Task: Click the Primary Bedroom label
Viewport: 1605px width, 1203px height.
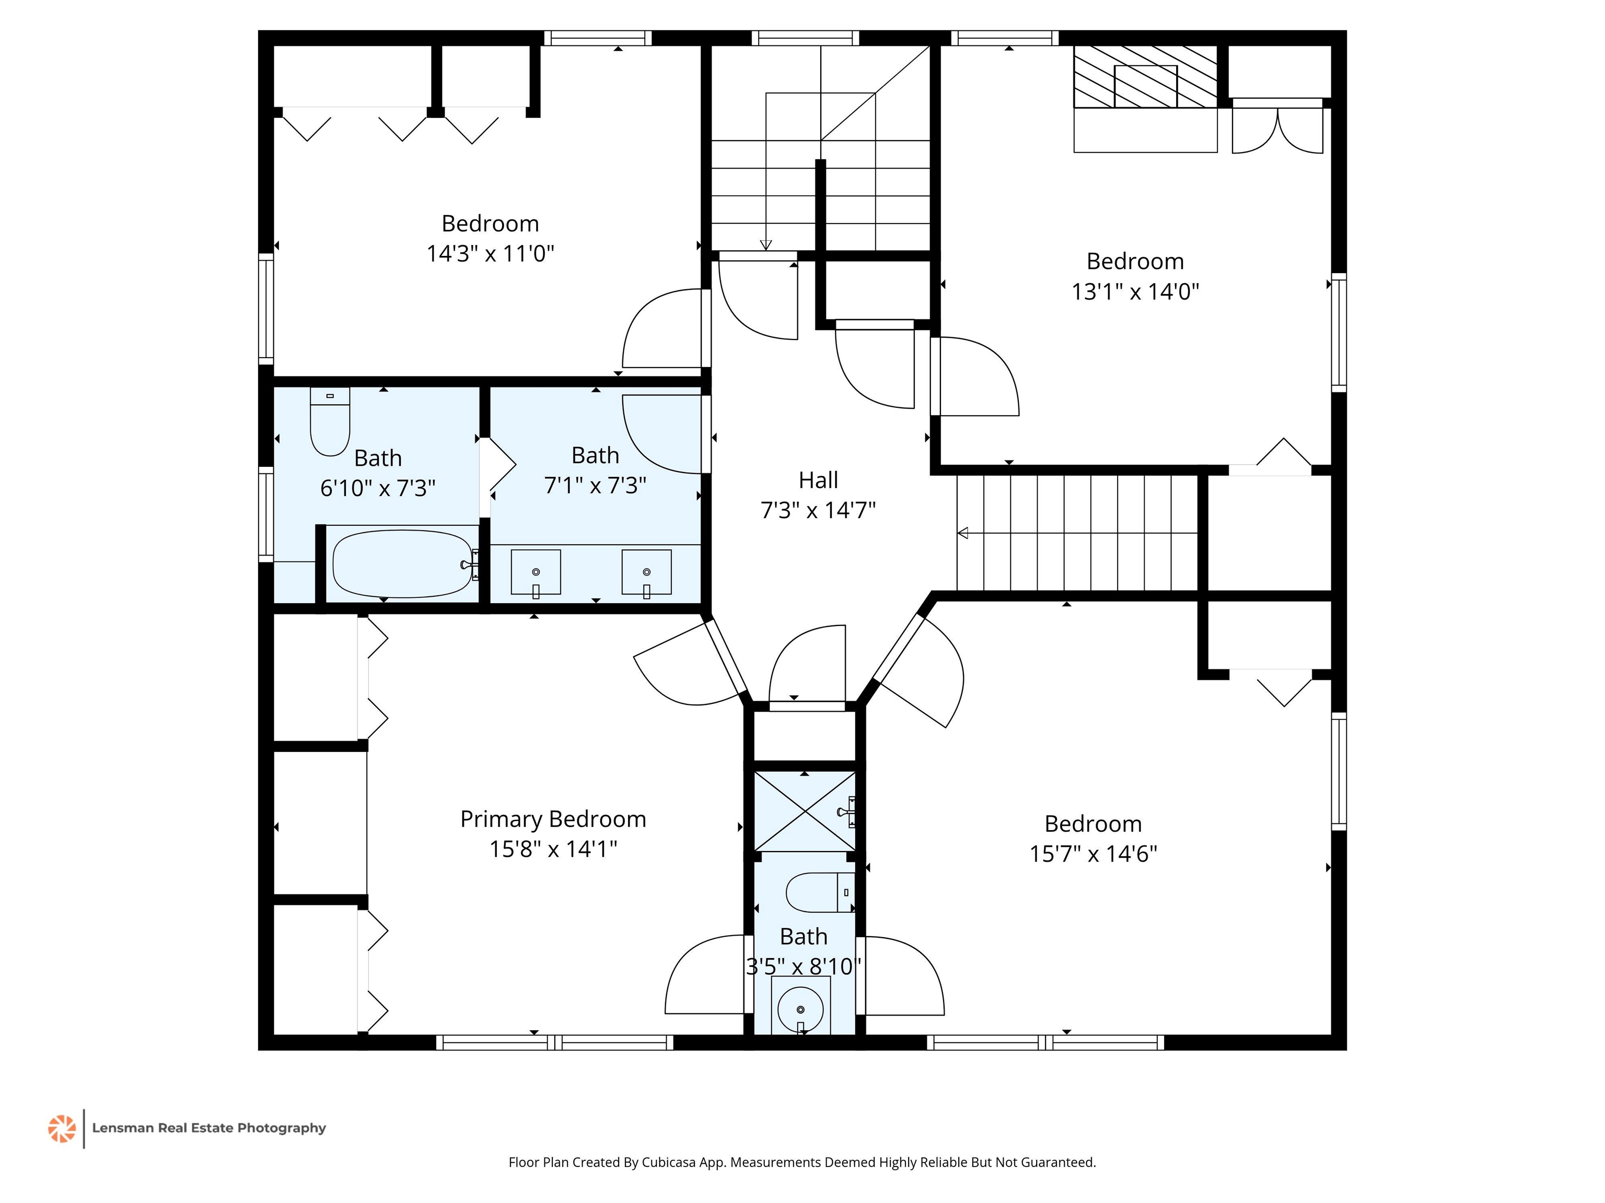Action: click(x=553, y=819)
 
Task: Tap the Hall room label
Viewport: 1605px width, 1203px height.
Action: click(x=819, y=480)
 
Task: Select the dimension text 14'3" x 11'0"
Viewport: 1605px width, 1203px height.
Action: click(x=491, y=254)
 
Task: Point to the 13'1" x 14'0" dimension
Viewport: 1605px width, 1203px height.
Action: click(x=1135, y=291)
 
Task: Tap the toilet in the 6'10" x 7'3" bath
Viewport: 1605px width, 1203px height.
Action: click(x=330, y=421)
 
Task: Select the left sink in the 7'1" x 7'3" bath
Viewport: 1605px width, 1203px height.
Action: click(x=536, y=573)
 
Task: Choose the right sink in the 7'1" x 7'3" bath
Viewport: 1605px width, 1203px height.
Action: click(x=646, y=573)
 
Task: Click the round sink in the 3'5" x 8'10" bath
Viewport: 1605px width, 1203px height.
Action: click(x=800, y=1008)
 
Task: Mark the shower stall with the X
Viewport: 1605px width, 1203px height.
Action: click(x=805, y=811)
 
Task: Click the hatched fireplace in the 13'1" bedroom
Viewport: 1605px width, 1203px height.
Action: click(x=1145, y=77)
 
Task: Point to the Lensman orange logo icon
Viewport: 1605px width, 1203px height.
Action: click(x=62, y=1128)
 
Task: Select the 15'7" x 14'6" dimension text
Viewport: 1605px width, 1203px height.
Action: click(x=1093, y=854)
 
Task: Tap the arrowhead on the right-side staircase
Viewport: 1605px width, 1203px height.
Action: click(x=962, y=533)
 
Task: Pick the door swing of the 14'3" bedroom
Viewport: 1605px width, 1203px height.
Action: click(x=662, y=328)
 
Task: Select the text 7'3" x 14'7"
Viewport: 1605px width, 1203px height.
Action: click(x=819, y=511)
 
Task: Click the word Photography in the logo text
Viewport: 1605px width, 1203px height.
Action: click(x=282, y=1128)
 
